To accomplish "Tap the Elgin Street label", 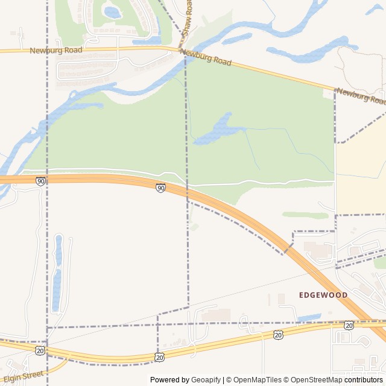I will click(x=23, y=378).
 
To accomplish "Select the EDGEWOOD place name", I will click(x=323, y=295).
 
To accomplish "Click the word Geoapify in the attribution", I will click(x=206, y=380).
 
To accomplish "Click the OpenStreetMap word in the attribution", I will click(x=317, y=380).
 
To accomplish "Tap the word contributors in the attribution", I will click(x=364, y=380).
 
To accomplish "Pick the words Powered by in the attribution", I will click(x=169, y=380).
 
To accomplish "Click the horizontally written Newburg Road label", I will click(x=55, y=51).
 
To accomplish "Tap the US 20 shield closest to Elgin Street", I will click(x=40, y=350).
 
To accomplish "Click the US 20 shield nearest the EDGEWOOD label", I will click(x=349, y=325).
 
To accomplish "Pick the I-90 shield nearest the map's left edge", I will click(x=40, y=181).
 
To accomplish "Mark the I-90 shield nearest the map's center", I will click(x=160, y=188).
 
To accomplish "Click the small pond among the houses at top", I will click(x=112, y=12).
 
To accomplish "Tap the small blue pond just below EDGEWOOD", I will click(x=310, y=317).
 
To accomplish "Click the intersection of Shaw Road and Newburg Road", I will click(x=183, y=52).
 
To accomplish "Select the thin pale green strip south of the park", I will click(x=305, y=215).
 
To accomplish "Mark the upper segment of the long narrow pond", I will click(x=59, y=250).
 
